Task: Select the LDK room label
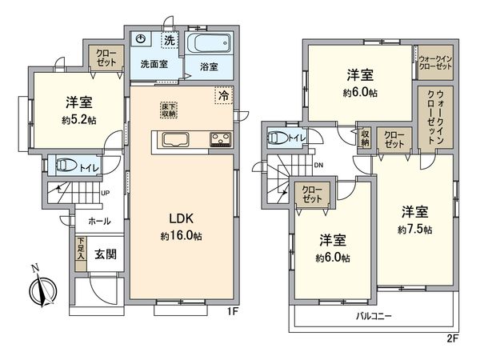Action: (179, 217)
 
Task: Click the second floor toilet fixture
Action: (278, 138)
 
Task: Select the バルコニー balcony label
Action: (374, 317)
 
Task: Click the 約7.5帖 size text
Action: (415, 230)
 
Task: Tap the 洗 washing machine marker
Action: (169, 39)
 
